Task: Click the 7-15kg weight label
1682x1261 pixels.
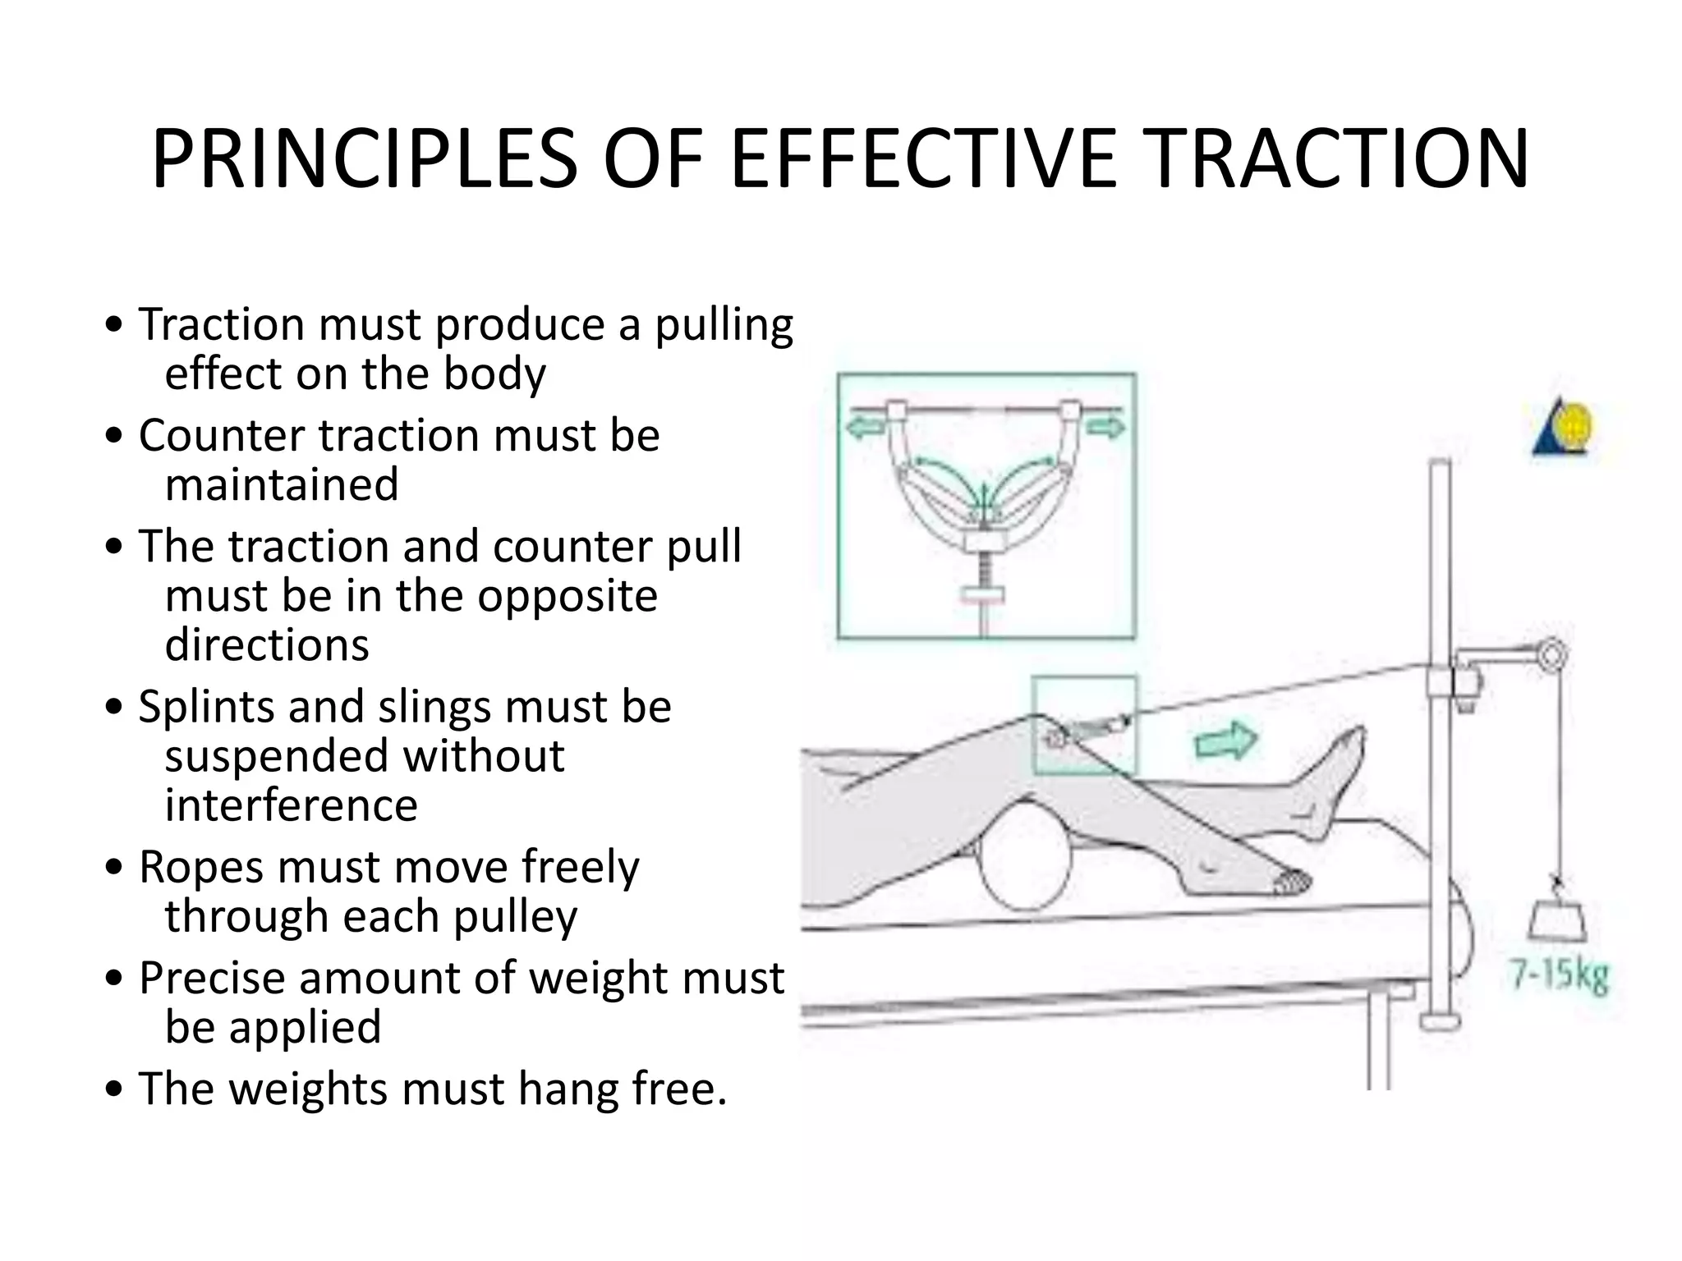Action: coord(1559,976)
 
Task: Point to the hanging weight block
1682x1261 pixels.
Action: coord(1557,921)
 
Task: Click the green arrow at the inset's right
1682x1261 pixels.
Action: coord(1105,427)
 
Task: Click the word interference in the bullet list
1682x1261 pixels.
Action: coord(291,805)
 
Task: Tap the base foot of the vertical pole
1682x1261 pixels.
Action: coord(1440,1021)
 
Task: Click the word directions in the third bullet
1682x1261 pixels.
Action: coord(267,644)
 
